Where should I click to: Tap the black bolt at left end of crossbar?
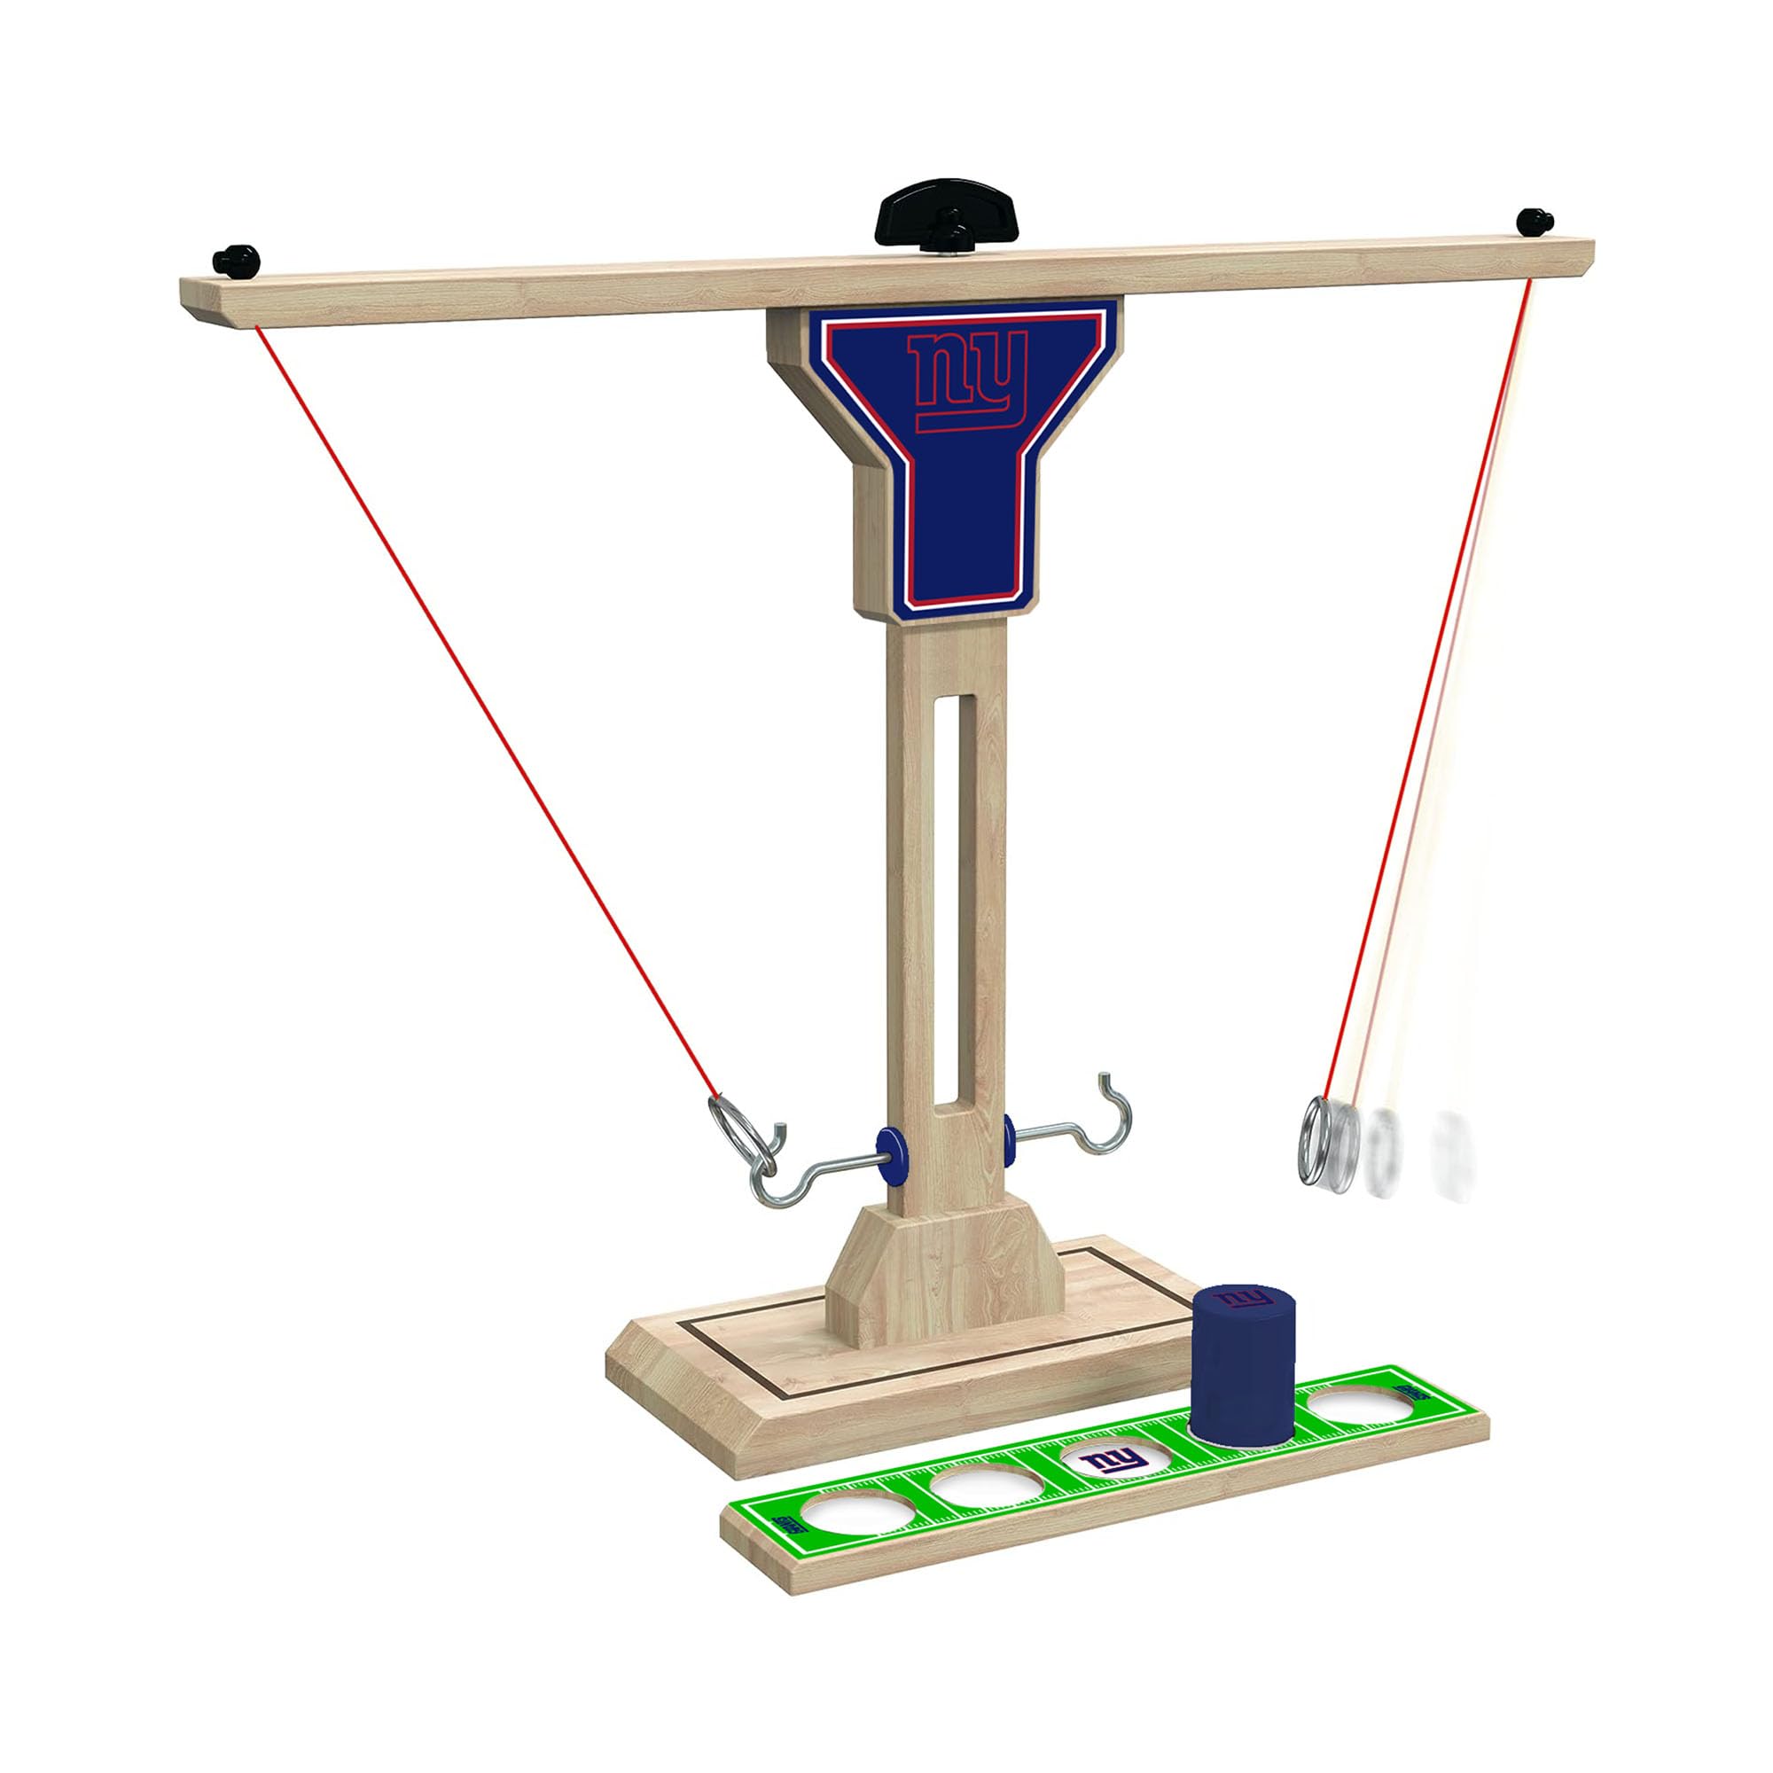click(236, 260)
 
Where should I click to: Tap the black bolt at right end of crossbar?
click(1535, 221)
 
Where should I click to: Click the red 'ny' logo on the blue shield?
click(965, 379)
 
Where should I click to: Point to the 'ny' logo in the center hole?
click(1113, 1460)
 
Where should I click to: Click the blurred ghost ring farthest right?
click(1452, 1144)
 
